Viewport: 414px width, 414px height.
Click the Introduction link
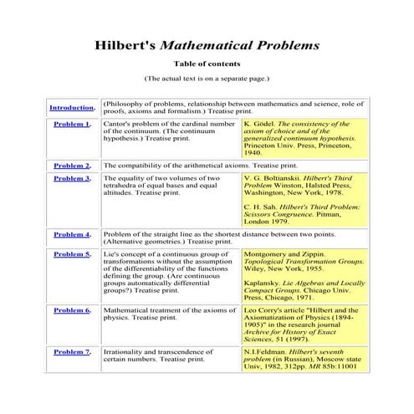[x=72, y=108]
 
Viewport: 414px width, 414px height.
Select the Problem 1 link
[x=71, y=124]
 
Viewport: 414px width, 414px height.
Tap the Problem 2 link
[x=71, y=166]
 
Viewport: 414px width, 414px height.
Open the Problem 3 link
[x=71, y=178]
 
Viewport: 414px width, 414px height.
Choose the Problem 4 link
[x=71, y=234]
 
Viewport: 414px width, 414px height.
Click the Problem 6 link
[x=71, y=309]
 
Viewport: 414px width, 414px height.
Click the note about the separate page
[x=207, y=78]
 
